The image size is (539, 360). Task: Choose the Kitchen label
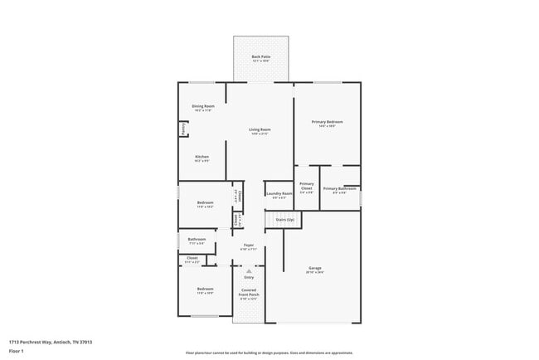click(x=202, y=157)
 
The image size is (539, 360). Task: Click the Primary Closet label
click(x=306, y=186)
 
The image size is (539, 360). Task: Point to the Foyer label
click(x=248, y=245)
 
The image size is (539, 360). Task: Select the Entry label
click(x=249, y=277)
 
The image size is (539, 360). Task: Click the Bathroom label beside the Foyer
click(x=196, y=240)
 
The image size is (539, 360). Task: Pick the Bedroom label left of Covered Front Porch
click(x=205, y=289)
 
